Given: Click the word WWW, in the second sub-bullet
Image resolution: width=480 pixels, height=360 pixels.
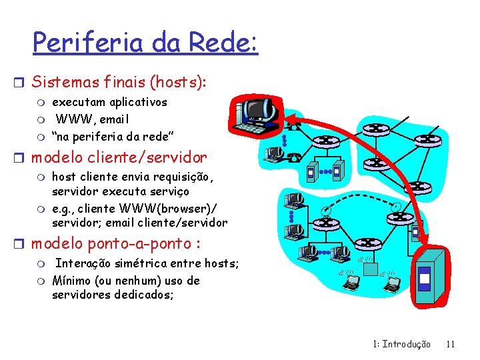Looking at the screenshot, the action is (x=75, y=119).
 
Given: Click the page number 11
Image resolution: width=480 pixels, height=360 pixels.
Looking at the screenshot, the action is (x=451, y=344).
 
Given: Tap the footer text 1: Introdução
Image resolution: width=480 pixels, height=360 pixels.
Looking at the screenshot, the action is (x=402, y=344).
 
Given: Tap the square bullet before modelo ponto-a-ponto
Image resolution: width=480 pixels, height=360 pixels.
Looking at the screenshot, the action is (x=23, y=241).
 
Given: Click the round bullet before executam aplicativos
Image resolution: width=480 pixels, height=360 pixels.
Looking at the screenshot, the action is (x=42, y=103).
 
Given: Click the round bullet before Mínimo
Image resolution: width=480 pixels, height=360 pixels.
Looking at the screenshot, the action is (x=42, y=281).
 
